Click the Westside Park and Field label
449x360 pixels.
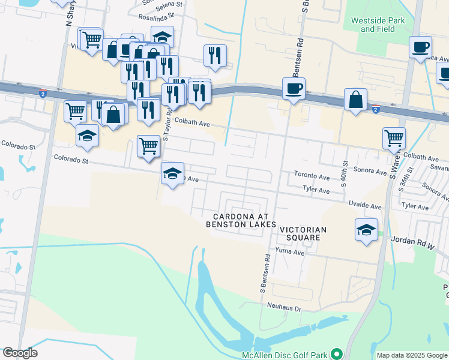pyautogui.click(x=378, y=25)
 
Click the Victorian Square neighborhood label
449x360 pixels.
pyautogui.click(x=303, y=233)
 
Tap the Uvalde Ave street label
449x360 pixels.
pyautogui.click(x=365, y=206)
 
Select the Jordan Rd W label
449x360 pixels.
pyautogui.click(x=412, y=240)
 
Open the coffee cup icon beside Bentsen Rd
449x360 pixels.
pyautogui.click(x=294, y=89)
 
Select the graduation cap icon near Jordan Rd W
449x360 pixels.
pyautogui.click(x=366, y=230)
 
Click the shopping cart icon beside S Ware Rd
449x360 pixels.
pyautogui.click(x=394, y=138)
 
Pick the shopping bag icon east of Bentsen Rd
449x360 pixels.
pyautogui.click(x=355, y=100)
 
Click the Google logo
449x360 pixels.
pyautogui.click(x=20, y=353)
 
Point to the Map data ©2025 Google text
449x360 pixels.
pyautogui.click(x=411, y=355)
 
